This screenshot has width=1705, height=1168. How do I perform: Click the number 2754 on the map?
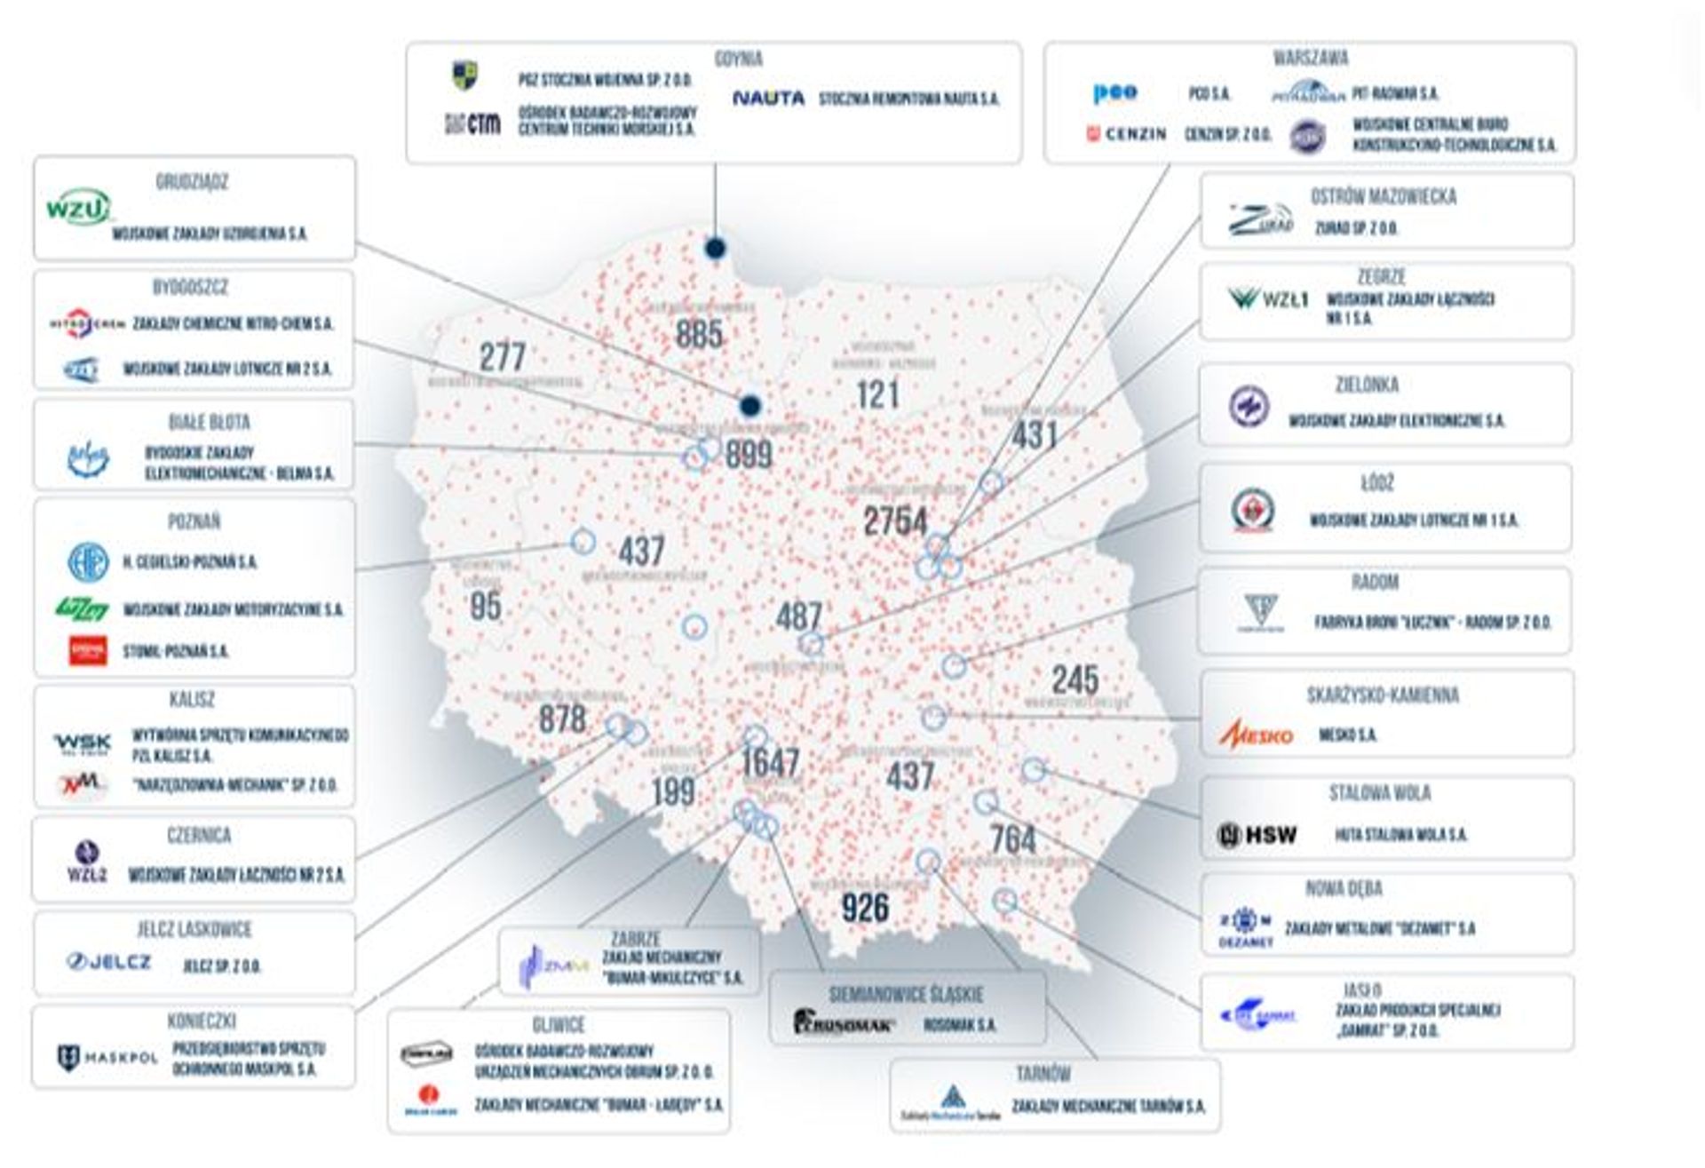[x=895, y=521]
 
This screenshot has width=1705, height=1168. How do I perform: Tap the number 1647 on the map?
[x=771, y=762]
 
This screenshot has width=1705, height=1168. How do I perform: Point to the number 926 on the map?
[x=865, y=907]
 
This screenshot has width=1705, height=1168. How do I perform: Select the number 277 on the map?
[x=503, y=357]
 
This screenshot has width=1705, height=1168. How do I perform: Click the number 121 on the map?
[x=877, y=394]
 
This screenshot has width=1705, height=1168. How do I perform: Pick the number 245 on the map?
[x=1075, y=680]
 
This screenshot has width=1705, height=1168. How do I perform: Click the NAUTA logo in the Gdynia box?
[x=768, y=99]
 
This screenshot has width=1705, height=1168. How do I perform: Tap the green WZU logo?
[x=78, y=207]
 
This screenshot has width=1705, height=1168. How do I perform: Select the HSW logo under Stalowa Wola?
[x=1257, y=835]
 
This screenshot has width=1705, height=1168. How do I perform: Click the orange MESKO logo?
[x=1256, y=735]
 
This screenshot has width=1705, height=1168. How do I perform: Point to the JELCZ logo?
[x=109, y=962]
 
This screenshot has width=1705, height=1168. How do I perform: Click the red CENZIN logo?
[x=1126, y=134]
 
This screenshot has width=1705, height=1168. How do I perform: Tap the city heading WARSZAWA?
[x=1310, y=59]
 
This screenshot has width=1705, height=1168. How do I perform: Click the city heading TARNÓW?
[x=1043, y=1074]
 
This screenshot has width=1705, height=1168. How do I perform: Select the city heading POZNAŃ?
[x=194, y=521]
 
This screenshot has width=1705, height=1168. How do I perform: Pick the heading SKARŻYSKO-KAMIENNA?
[x=1383, y=695]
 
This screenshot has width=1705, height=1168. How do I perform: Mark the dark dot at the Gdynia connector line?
[x=715, y=248]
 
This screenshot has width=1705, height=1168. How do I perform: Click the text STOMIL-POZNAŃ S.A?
[x=175, y=652]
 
